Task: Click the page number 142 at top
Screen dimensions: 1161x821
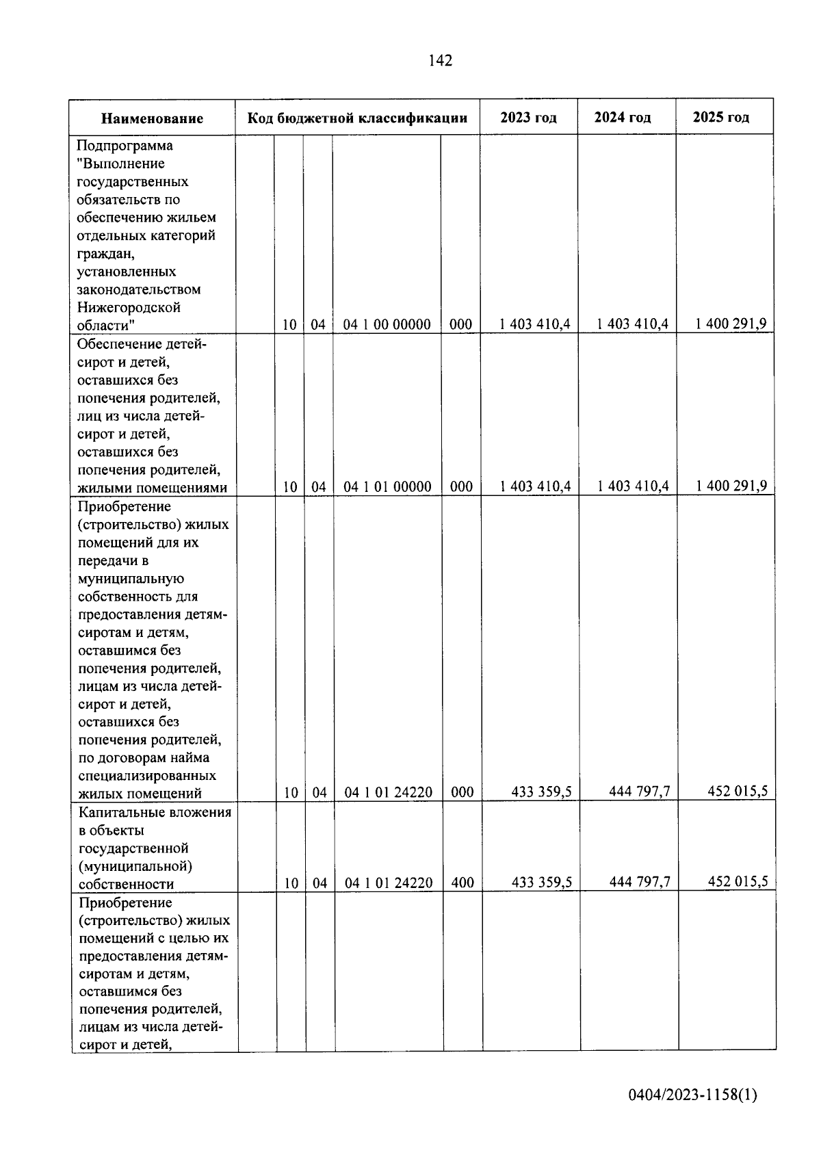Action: [440, 61]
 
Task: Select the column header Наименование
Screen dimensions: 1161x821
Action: [152, 118]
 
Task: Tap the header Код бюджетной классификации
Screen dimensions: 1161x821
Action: [357, 118]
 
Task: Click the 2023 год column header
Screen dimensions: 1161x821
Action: [528, 117]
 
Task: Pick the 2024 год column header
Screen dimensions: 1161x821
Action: [623, 117]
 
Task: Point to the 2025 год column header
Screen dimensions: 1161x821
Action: [721, 117]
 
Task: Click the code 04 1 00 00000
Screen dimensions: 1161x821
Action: [387, 324]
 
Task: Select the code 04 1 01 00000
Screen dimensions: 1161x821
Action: [387, 486]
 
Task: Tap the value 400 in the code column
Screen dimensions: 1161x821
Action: [462, 883]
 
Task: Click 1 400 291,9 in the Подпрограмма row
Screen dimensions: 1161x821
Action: [731, 324]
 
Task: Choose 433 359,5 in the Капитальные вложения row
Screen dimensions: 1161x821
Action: [542, 882]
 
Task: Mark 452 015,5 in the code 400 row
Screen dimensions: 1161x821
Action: [738, 881]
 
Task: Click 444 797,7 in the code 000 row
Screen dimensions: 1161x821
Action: [640, 792]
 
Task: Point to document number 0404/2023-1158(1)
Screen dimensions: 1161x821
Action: [692, 1095]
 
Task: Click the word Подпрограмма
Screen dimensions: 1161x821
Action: [125, 146]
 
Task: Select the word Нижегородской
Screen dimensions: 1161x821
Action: [129, 307]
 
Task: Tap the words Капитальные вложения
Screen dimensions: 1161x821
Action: [155, 812]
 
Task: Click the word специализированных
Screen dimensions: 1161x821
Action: [147, 776]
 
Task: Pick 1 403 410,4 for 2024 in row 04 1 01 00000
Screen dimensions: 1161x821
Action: [633, 486]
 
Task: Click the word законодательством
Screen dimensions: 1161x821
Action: [139, 289]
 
